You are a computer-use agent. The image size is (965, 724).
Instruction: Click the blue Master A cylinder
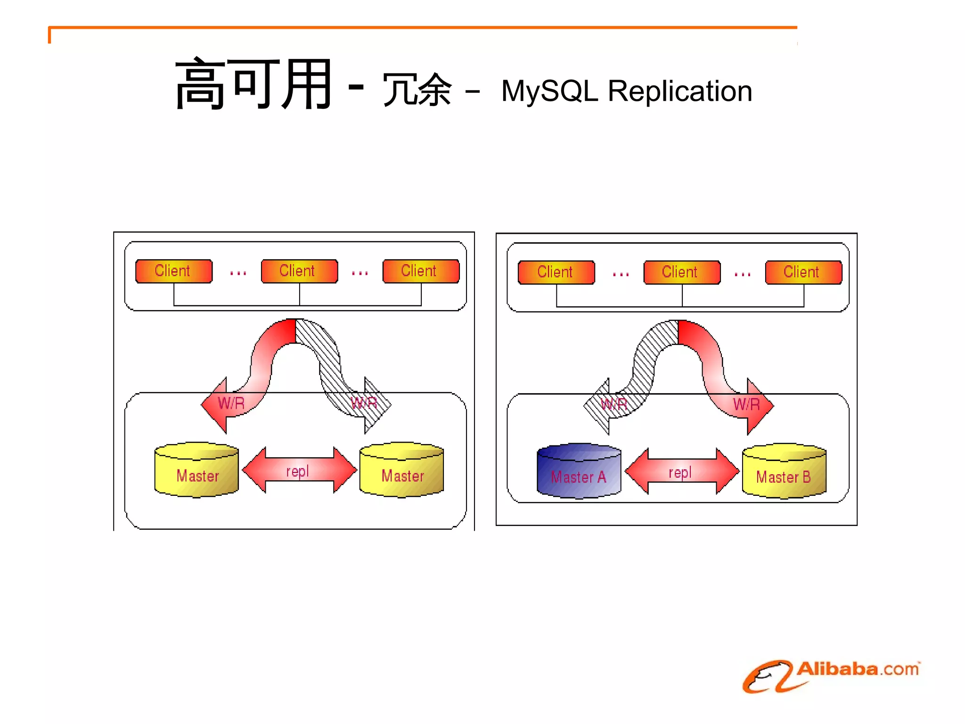click(579, 471)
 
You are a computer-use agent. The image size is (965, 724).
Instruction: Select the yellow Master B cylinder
click(784, 471)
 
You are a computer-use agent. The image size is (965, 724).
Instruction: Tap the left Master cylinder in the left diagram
click(196, 470)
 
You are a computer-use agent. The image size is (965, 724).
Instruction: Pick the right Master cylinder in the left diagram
click(401, 470)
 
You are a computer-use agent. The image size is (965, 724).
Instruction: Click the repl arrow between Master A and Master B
click(681, 471)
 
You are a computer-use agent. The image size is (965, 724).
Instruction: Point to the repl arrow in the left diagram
click(299, 470)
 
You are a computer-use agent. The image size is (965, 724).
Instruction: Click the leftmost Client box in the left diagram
click(173, 271)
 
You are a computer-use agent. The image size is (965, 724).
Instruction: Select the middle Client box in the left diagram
click(299, 271)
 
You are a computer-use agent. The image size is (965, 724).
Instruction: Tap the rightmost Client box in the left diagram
click(421, 271)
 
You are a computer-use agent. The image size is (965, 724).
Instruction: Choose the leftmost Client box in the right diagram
click(556, 272)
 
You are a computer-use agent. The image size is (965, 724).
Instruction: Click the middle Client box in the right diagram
click(682, 272)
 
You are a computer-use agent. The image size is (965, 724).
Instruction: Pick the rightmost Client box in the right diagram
click(803, 272)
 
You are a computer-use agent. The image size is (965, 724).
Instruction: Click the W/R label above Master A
click(614, 404)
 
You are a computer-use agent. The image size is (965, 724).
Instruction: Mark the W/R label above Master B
click(746, 404)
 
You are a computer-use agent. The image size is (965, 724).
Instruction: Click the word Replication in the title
click(679, 90)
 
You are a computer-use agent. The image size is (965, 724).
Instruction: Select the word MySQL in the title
click(549, 90)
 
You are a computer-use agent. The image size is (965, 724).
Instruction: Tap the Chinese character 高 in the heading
click(200, 84)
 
